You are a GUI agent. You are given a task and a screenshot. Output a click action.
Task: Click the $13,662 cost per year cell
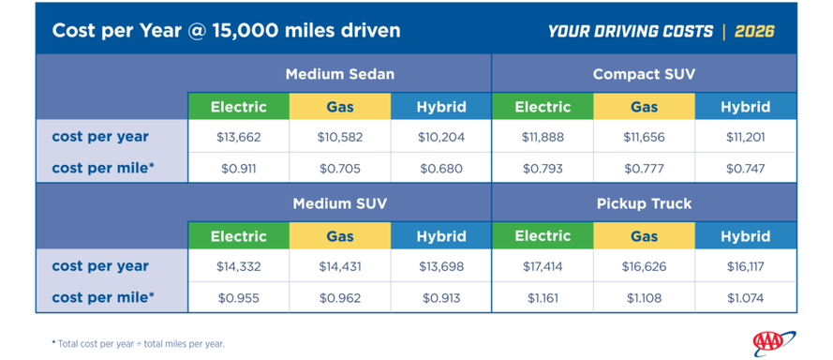[x=239, y=137]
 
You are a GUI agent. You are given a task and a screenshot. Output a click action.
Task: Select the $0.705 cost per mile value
[x=340, y=169]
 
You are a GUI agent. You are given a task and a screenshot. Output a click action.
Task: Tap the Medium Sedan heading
[x=340, y=74]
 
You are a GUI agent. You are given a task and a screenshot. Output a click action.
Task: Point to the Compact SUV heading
[x=644, y=74]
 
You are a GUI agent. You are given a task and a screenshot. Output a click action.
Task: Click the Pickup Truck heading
[x=644, y=203]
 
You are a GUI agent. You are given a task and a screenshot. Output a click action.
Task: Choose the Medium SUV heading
[x=340, y=203]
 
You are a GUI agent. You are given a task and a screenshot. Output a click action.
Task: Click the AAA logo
[x=774, y=343]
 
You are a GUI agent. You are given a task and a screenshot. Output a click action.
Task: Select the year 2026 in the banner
[x=754, y=31]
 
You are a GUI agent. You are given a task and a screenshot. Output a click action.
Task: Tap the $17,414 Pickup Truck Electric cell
[x=543, y=266]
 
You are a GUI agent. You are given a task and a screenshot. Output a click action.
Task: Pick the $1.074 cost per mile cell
[x=745, y=298]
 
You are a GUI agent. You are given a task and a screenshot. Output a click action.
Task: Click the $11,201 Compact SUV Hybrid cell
[x=745, y=137]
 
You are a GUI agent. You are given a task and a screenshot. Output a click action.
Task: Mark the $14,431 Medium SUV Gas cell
[x=340, y=266]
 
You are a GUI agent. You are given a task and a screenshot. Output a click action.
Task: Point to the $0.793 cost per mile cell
[x=543, y=169]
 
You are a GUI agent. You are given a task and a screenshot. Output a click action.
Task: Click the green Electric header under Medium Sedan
[x=239, y=107]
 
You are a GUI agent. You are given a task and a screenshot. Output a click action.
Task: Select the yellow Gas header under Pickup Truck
[x=644, y=236]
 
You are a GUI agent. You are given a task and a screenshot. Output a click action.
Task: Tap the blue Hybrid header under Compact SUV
[x=745, y=107]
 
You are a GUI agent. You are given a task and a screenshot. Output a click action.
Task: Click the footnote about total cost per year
[x=138, y=343]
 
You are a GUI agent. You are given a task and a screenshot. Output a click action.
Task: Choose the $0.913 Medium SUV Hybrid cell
[x=441, y=298]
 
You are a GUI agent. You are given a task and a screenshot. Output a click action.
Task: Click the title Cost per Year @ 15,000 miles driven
[x=227, y=31]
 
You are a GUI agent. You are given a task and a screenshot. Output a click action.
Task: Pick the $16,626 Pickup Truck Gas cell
[x=644, y=266]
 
